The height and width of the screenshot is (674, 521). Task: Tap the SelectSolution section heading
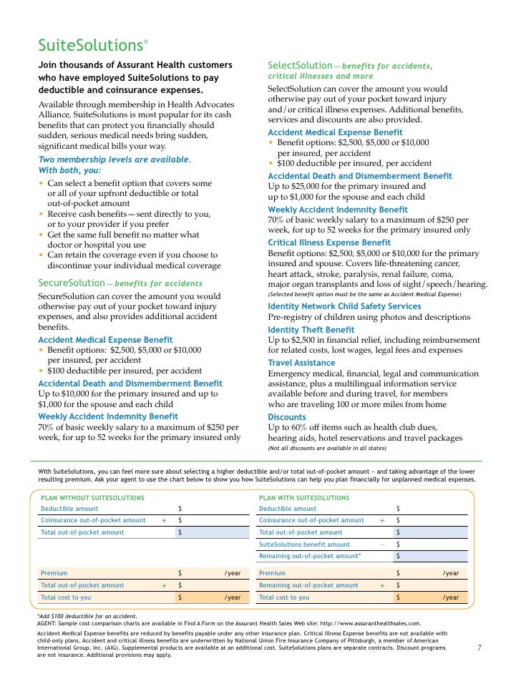300,65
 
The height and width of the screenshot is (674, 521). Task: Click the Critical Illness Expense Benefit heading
329,243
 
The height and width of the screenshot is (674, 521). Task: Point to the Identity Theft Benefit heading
311,329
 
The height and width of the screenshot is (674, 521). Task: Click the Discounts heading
286,416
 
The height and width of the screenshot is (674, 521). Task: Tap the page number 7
479,649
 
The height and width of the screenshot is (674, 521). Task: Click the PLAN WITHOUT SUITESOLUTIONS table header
93,497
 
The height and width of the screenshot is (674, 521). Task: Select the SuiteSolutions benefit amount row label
304,544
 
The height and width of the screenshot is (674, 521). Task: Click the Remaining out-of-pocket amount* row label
310,556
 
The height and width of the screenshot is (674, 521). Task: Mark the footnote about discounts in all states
326,448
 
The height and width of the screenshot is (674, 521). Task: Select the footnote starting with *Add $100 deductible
87,615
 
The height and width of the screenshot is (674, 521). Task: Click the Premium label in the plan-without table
54,573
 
